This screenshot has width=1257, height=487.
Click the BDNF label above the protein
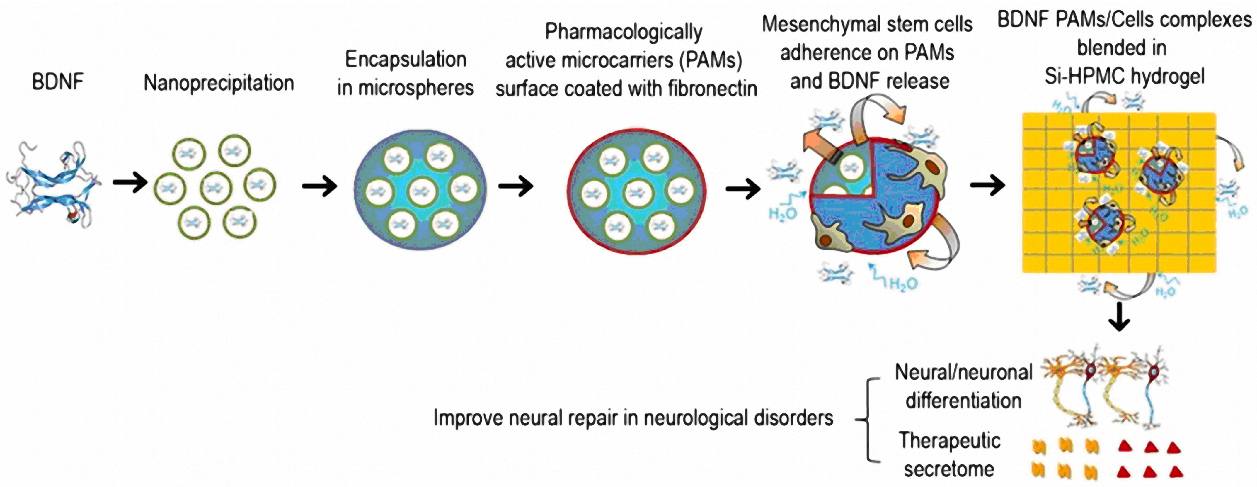coord(58,82)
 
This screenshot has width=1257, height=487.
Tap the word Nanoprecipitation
coord(219,83)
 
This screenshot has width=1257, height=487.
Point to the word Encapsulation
coord(406,60)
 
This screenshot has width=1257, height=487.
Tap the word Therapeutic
coord(950,441)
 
